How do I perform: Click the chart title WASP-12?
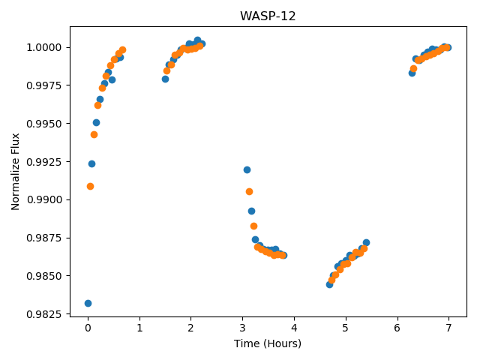[x=268, y=16]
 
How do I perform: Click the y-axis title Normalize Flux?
[x=15, y=172]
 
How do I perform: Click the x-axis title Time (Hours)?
[x=268, y=343]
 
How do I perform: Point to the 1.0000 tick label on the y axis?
[x=44, y=47]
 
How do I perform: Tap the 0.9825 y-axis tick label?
[x=44, y=314]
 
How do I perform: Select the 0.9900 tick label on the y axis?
[x=44, y=200]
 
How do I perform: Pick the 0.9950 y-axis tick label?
[x=44, y=124]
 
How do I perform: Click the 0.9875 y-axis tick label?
[x=44, y=238]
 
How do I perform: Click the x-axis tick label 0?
[x=88, y=328]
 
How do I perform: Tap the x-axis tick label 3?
[x=242, y=328]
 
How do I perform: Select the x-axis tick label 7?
[x=448, y=328]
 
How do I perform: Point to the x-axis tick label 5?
[x=346, y=328]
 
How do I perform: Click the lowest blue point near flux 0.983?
[x=88, y=303]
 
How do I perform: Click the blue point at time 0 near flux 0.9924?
[x=91, y=163]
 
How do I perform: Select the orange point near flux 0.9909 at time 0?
[x=90, y=187]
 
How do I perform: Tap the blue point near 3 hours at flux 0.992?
[x=247, y=170]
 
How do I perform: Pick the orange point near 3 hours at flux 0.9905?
[x=249, y=192]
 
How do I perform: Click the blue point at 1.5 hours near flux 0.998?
[x=165, y=79]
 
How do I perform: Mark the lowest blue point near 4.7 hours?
[x=329, y=285]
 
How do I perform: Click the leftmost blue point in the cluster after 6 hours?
[x=412, y=73]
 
